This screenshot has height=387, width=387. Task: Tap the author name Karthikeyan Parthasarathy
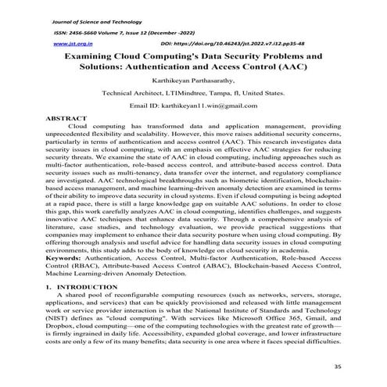[193, 81]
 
